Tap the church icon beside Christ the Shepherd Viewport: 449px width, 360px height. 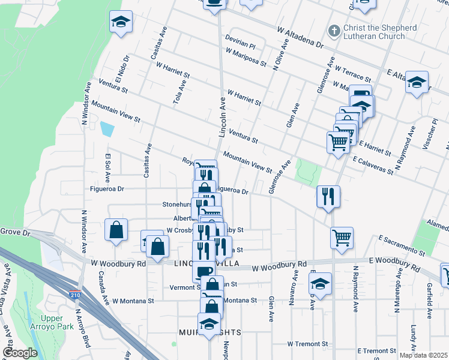(333, 29)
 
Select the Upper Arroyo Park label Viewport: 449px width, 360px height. (57, 322)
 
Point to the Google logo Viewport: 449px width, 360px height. (20, 353)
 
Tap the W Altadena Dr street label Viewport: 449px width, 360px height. (300, 37)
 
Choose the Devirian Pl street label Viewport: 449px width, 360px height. (241, 46)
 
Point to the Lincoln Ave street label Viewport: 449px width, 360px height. (222, 117)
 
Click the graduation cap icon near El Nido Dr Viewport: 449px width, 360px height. (121, 22)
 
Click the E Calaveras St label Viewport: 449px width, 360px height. (373, 166)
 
